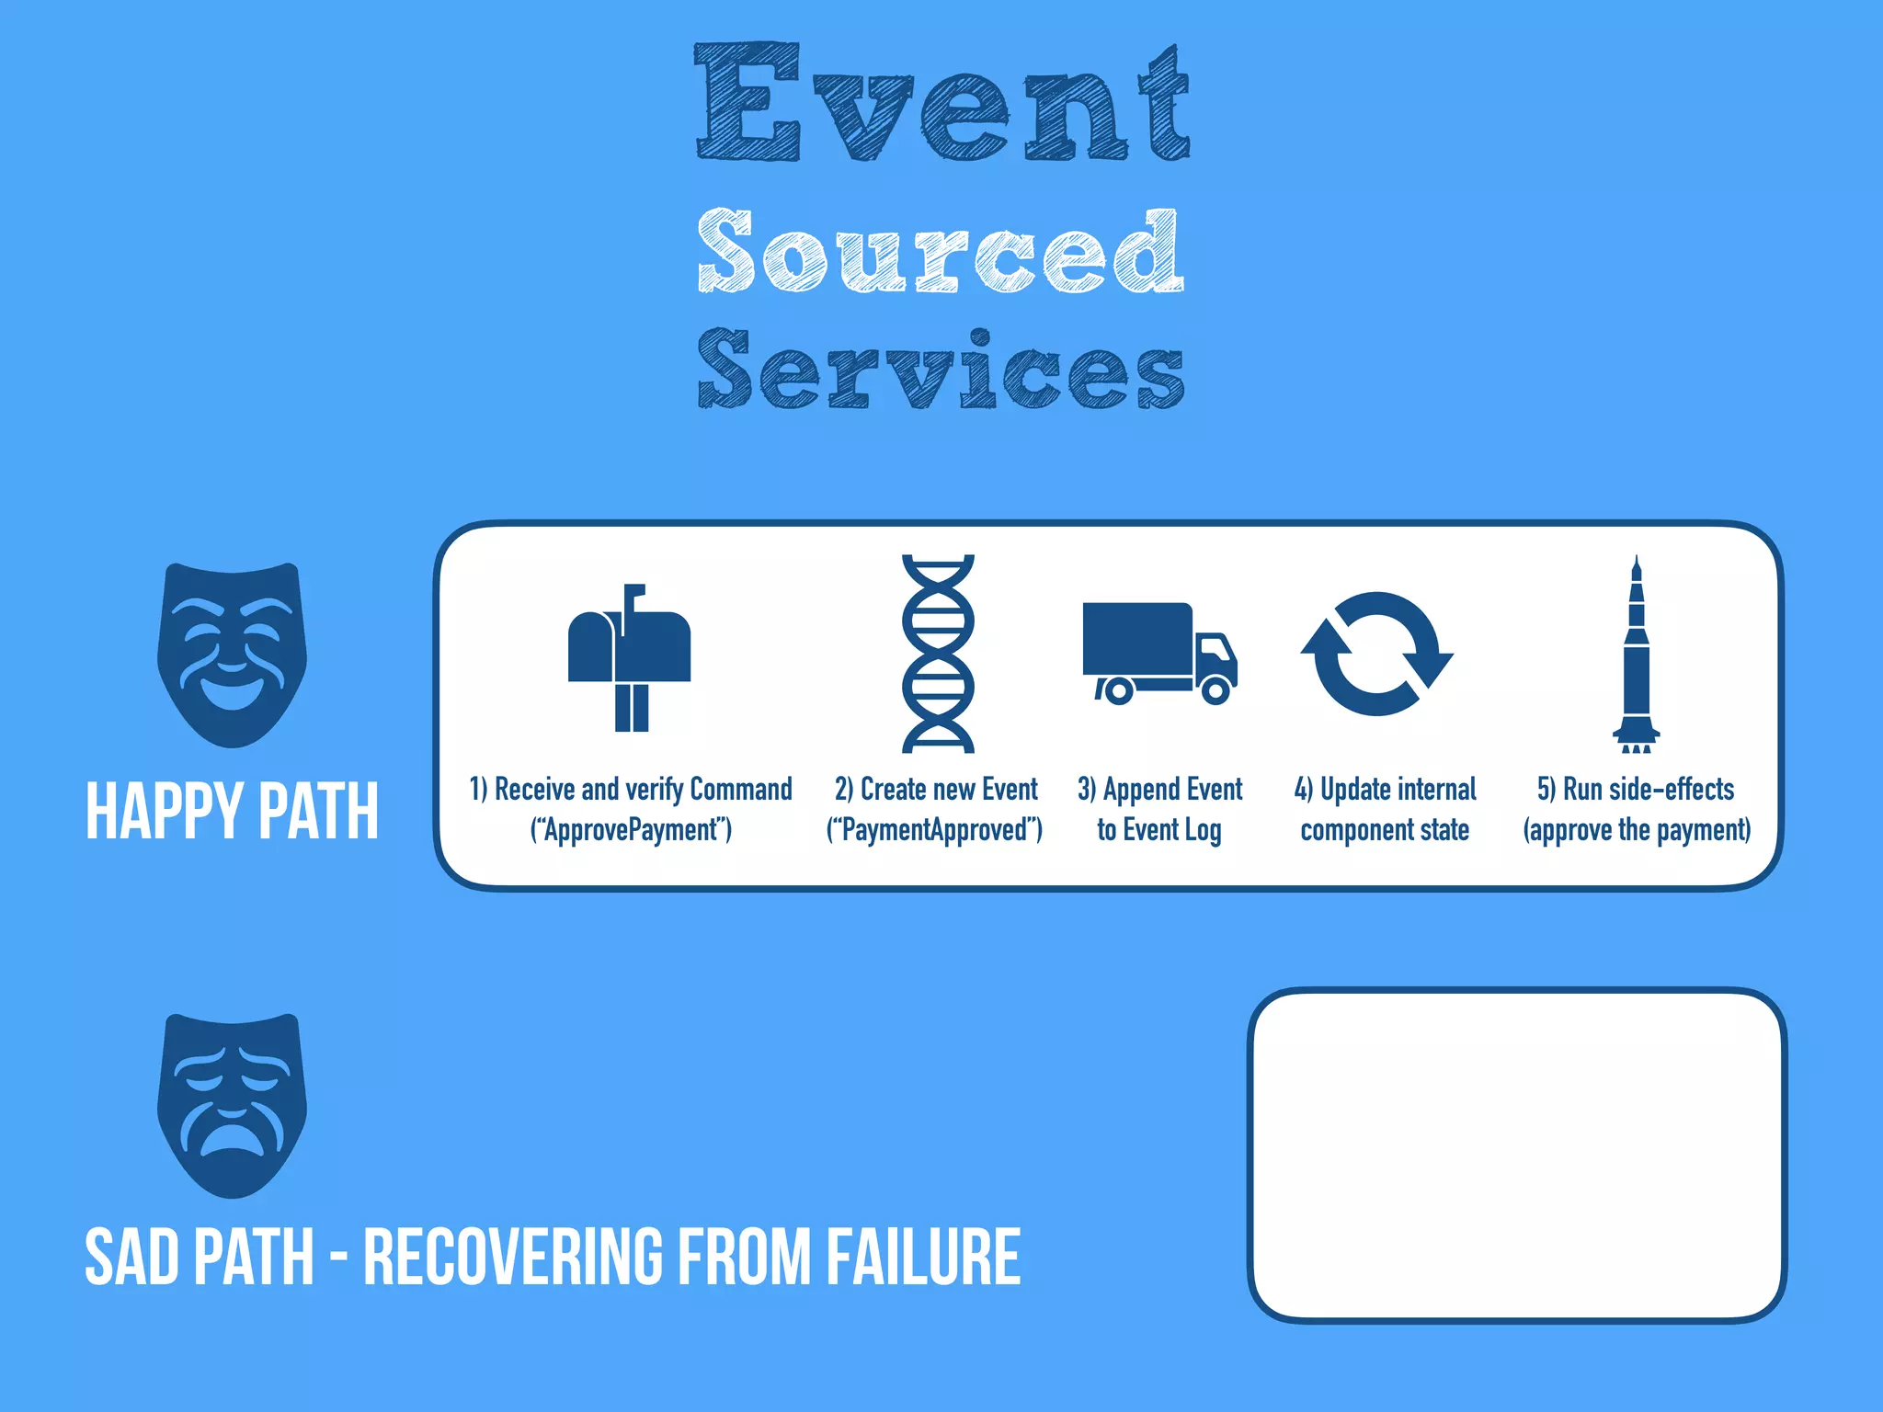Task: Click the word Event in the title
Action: point(941,103)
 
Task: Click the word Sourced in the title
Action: point(940,250)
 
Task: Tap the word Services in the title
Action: point(940,370)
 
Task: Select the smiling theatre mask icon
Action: point(232,655)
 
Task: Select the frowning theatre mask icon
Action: point(232,1105)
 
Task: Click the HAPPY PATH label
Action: point(232,811)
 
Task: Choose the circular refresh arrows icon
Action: point(1376,653)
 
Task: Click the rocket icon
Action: point(1636,655)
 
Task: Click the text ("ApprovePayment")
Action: point(631,830)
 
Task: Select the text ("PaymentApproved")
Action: point(935,830)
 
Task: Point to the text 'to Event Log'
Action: point(1158,830)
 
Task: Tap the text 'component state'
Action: point(1385,830)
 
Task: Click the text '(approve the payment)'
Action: point(1637,830)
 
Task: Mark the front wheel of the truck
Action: point(1215,690)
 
